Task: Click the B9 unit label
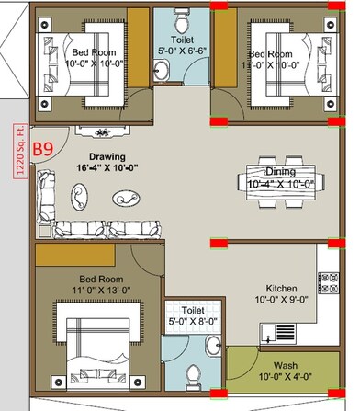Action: (x=43, y=148)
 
